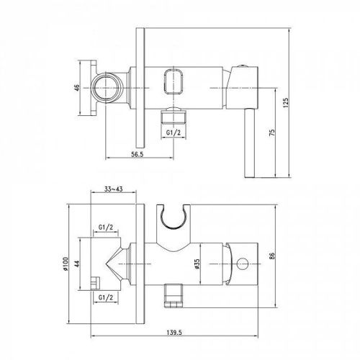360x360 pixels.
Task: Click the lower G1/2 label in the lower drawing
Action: pyautogui.click(x=105, y=297)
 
